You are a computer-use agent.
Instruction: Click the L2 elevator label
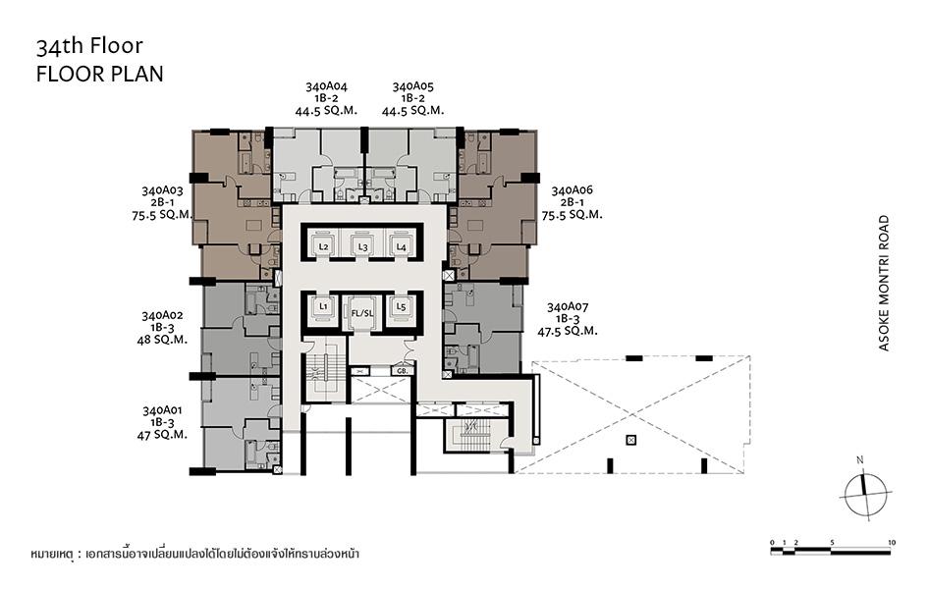click(x=323, y=246)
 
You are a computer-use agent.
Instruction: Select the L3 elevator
click(x=362, y=243)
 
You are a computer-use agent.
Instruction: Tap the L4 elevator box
click(x=402, y=243)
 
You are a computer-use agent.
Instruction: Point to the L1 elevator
click(x=322, y=307)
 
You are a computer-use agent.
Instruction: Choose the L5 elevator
click(x=402, y=307)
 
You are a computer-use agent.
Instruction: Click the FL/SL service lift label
click(x=362, y=313)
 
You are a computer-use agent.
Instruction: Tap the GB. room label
click(x=403, y=371)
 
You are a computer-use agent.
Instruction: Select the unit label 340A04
click(x=326, y=86)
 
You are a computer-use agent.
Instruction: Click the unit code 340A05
click(x=413, y=86)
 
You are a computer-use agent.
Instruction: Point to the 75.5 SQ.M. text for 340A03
click(x=162, y=215)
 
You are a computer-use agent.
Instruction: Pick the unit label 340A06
click(x=572, y=190)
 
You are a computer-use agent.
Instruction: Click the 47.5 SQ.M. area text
click(x=568, y=331)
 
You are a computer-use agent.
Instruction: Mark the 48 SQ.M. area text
click(x=162, y=340)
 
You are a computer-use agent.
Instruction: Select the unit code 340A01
click(x=162, y=410)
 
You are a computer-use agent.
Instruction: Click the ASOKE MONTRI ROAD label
click(x=884, y=284)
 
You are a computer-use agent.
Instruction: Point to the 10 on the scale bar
click(x=892, y=542)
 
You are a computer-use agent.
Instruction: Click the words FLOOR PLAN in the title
click(x=100, y=74)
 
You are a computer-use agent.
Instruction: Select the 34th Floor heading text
click(x=90, y=46)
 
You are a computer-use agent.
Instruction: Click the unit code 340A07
click(x=568, y=307)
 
